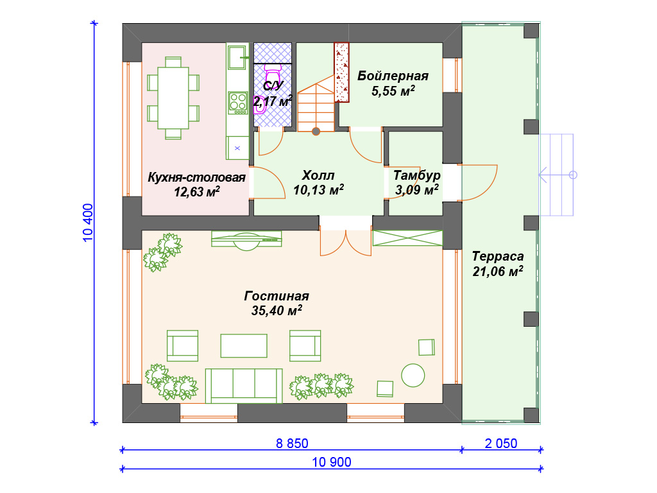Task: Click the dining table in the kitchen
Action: point(173,98)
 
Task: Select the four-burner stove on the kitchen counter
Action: point(238,103)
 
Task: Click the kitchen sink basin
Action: point(237,57)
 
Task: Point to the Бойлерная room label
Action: point(393,76)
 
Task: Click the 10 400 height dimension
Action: point(88,223)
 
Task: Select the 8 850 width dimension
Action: point(292,443)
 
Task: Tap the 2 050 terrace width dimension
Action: point(500,443)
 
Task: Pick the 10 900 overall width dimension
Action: point(332,462)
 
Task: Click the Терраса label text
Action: point(498,256)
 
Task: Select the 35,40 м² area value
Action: point(277,311)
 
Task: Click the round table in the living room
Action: point(413,375)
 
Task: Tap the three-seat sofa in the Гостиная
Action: point(243,386)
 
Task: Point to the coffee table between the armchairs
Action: point(244,346)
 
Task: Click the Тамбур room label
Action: point(416,175)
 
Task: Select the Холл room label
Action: point(318,175)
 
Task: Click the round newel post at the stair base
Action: point(316,132)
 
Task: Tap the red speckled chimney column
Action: point(341,73)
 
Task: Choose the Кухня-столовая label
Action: point(196,177)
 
